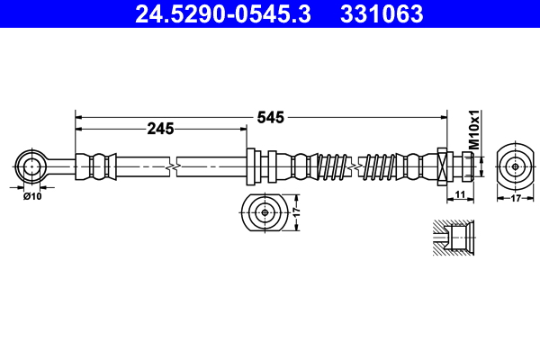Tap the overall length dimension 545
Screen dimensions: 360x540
pyautogui.click(x=271, y=117)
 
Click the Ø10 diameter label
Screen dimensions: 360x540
pyautogui.click(x=32, y=195)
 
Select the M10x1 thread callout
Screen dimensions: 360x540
pyautogui.click(x=473, y=131)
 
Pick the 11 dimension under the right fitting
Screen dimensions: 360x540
pyautogui.click(x=459, y=194)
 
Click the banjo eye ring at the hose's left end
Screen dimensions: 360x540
pyautogui.click(x=31, y=166)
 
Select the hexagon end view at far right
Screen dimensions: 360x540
pyautogui.click(x=515, y=166)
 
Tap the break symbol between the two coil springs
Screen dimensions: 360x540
pyautogui.click(x=362, y=166)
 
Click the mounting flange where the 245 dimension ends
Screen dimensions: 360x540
pyautogui.click(x=251, y=166)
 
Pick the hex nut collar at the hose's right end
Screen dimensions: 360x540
pyautogui.click(x=442, y=166)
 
